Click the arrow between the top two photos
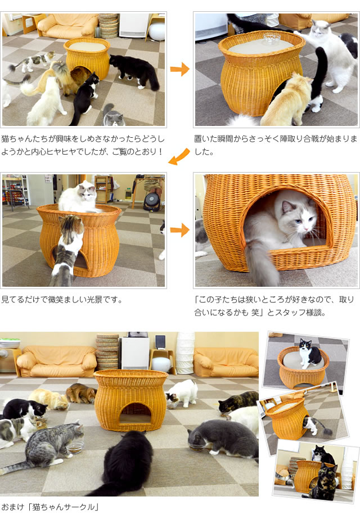coord(180,69)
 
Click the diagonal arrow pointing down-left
coord(179,156)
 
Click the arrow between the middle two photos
coord(180,231)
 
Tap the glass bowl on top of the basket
coord(272,38)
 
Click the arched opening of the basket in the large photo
coord(136,413)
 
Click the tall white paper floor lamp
coord(185,353)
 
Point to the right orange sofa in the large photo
coord(226,362)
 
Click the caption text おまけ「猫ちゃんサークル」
coord(50,507)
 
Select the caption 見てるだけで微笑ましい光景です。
coord(62,299)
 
